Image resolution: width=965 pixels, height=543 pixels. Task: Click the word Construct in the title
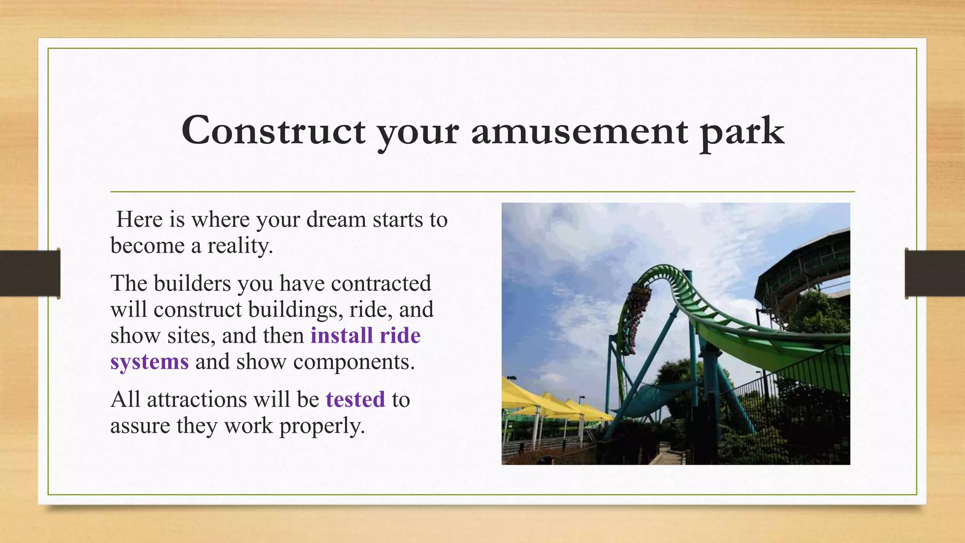273,131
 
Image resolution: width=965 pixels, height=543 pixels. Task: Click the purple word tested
355,400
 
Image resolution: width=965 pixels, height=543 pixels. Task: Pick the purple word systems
149,362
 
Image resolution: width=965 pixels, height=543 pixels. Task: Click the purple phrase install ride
365,336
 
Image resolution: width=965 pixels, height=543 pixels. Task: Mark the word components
353,362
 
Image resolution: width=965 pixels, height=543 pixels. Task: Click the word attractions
196,400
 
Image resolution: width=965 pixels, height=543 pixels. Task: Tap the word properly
322,426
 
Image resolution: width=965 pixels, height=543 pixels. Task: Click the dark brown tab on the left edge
30,273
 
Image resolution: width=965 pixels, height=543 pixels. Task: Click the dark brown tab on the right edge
935,273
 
